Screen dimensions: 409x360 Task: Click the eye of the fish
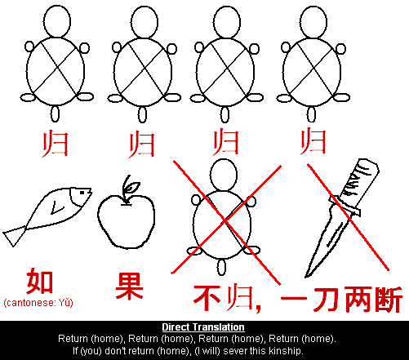click(82, 193)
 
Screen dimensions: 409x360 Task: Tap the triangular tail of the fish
click(14, 236)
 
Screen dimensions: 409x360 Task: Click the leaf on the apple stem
click(132, 187)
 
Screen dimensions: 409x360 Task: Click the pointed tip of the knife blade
click(306, 277)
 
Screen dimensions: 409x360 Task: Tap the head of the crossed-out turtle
click(224, 175)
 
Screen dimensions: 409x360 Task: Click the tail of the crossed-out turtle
click(221, 268)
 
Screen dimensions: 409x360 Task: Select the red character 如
click(39, 282)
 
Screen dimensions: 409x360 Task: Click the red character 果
click(129, 287)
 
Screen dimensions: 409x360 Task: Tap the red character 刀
click(326, 299)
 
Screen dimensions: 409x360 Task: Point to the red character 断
click(388, 300)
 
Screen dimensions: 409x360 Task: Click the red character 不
click(207, 298)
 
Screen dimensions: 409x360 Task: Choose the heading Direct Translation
click(203, 327)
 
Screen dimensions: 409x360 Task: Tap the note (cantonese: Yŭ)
click(38, 303)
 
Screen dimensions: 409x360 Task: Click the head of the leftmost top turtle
click(57, 22)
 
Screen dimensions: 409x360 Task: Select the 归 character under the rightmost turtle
click(313, 141)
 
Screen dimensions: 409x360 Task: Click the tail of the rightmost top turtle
click(311, 114)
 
